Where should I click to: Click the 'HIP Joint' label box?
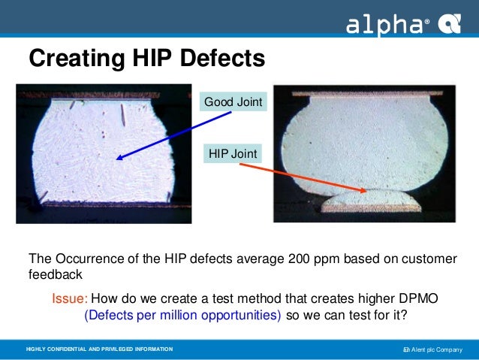[x=233, y=154]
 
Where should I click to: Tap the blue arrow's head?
[x=119, y=158]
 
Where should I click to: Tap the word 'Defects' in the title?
[x=224, y=57]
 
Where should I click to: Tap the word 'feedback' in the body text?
[x=56, y=275]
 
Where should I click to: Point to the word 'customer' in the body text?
[x=429, y=259]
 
